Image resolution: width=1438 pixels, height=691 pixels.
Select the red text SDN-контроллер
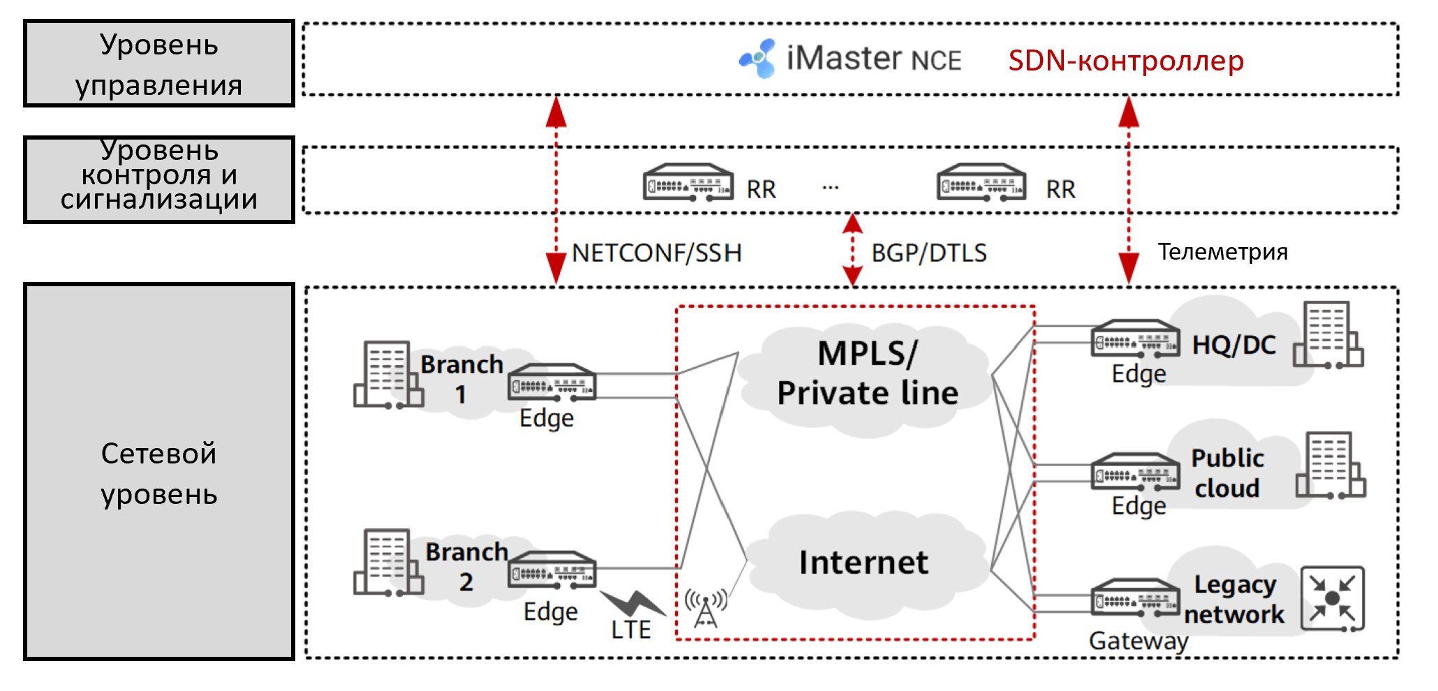[1125, 61]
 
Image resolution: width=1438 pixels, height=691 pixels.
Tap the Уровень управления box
[159, 64]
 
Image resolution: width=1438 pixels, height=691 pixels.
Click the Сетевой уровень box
[159, 472]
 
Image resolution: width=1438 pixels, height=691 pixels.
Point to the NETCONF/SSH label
[656, 253]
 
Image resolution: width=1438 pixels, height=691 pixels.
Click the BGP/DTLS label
[928, 253]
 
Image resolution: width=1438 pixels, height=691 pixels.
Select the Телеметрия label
[1222, 251]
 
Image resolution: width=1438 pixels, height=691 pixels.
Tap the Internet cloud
[863, 563]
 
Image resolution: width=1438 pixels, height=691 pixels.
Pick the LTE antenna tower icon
[706, 607]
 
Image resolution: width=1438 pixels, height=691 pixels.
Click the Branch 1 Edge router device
[551, 382]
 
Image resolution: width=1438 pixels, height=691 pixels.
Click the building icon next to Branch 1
[388, 375]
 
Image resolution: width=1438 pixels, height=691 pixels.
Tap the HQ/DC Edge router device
[1135, 339]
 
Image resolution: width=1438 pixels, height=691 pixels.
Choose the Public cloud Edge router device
[1135, 473]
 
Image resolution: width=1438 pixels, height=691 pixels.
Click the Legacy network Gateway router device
[1135, 597]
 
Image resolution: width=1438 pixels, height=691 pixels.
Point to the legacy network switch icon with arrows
[1332, 598]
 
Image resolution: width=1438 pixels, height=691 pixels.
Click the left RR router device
[688, 183]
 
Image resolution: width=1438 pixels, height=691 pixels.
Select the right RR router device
[981, 183]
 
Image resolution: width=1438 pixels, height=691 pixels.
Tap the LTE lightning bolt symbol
[632, 603]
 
